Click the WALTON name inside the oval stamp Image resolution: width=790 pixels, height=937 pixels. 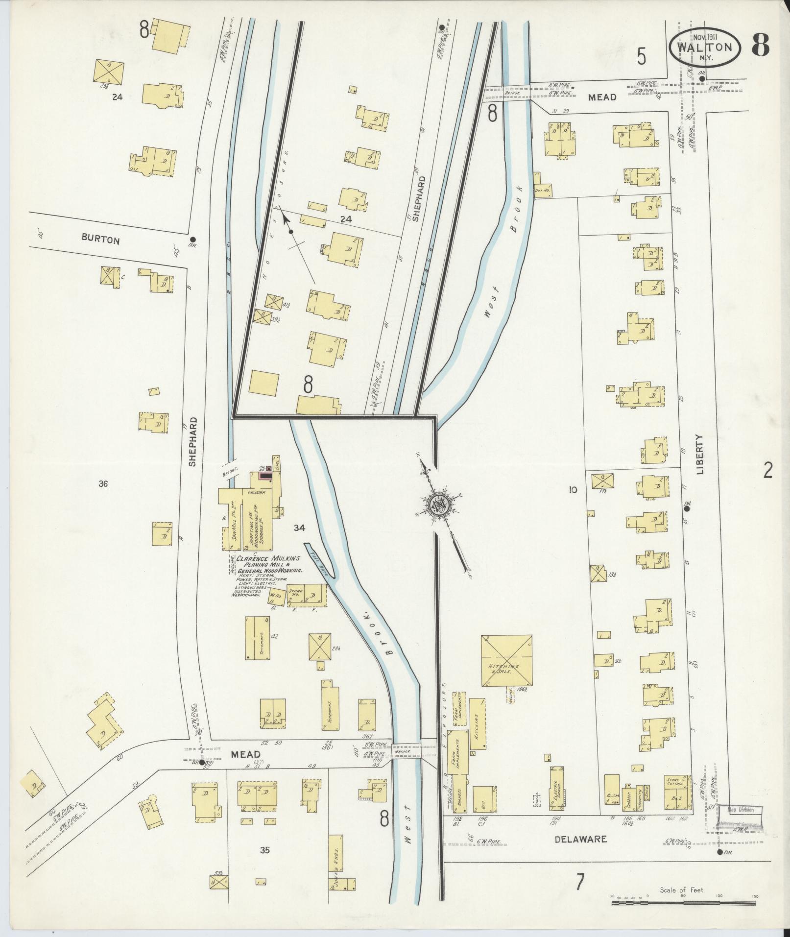(x=705, y=48)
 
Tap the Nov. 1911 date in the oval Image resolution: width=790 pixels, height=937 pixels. (x=705, y=37)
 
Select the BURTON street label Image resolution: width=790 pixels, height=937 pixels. (x=100, y=240)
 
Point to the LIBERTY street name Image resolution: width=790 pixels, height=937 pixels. (x=699, y=454)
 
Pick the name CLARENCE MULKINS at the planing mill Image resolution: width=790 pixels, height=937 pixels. (x=268, y=558)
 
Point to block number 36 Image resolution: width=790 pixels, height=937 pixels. (x=103, y=484)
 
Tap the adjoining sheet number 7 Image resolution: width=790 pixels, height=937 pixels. (x=580, y=882)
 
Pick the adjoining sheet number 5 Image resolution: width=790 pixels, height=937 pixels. (x=641, y=58)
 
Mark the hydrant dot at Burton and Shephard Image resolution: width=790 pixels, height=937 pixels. (x=194, y=239)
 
